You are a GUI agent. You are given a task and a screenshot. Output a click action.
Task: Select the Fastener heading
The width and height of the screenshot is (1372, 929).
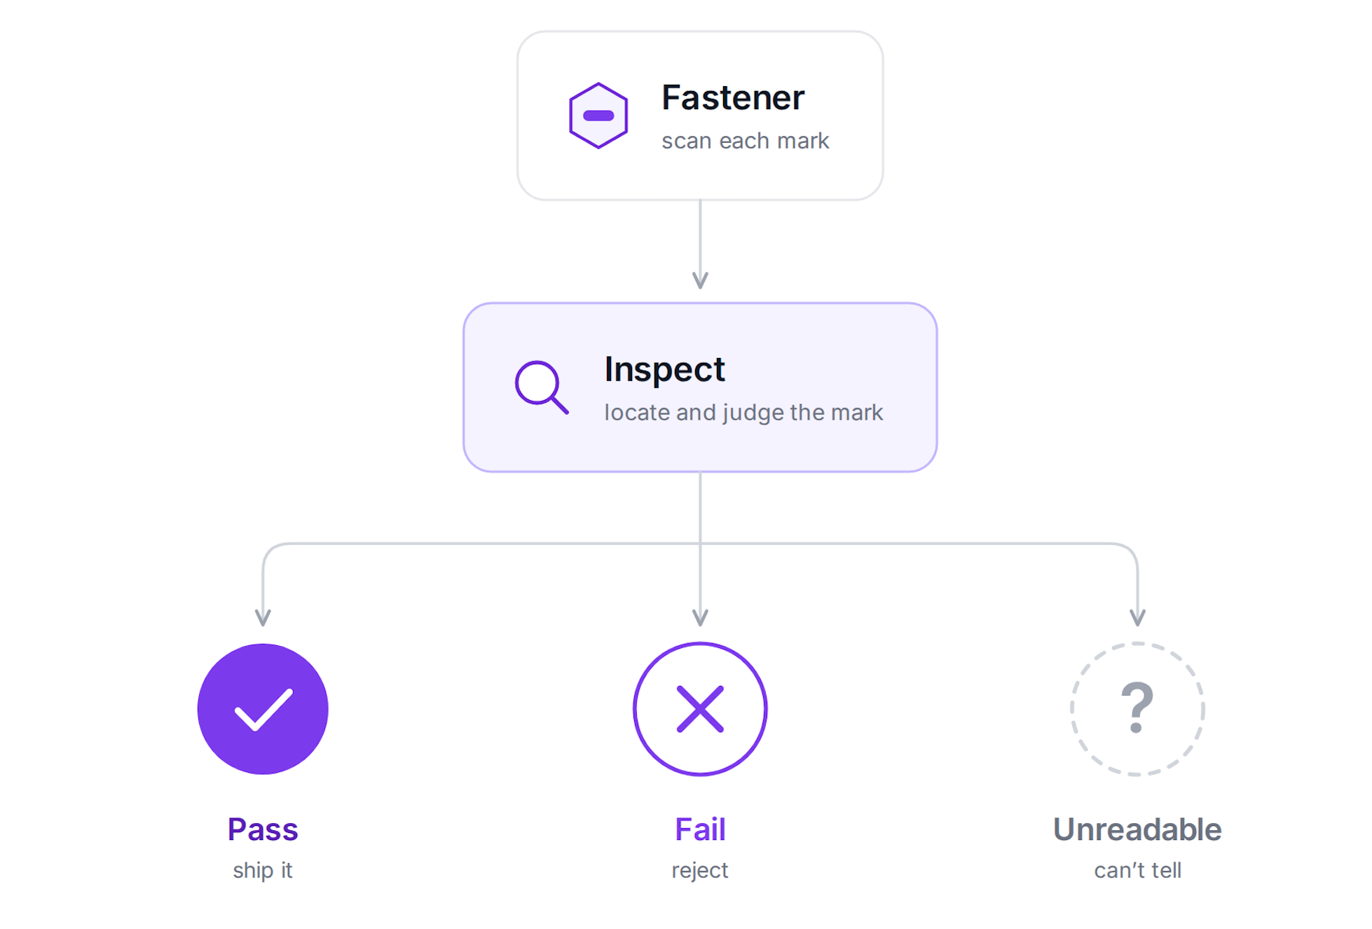click(732, 97)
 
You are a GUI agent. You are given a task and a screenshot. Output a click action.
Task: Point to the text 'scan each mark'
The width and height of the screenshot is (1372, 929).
click(745, 141)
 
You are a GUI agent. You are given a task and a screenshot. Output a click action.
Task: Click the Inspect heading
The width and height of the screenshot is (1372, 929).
click(664, 370)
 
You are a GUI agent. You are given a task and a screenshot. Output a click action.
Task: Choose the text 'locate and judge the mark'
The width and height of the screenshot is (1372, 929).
click(743, 413)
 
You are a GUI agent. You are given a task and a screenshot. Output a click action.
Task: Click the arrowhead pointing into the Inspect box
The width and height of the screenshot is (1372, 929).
click(700, 280)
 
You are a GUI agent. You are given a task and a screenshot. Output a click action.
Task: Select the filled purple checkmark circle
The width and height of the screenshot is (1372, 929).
click(263, 709)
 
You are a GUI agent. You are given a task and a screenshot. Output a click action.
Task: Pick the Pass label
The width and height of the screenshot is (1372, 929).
click(263, 830)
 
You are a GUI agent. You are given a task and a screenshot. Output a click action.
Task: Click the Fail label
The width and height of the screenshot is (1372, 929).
click(700, 830)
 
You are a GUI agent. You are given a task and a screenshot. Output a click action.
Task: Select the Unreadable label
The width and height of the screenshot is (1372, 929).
click(1137, 830)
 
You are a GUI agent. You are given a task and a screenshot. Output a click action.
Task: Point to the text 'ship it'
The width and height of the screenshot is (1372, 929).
click(263, 871)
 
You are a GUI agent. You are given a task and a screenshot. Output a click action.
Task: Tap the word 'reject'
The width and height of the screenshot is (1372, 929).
click(700, 871)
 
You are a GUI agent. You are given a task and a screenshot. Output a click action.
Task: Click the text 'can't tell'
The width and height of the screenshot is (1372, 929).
click(1137, 871)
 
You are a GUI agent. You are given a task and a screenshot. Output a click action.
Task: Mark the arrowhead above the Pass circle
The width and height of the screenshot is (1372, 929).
click(263, 617)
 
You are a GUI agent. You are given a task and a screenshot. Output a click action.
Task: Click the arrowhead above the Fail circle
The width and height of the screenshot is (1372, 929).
click(700, 617)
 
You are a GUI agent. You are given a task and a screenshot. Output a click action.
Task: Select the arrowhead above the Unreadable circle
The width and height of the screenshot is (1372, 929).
click(1137, 617)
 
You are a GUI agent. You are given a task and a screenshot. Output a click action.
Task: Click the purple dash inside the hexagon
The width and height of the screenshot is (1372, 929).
click(598, 116)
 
